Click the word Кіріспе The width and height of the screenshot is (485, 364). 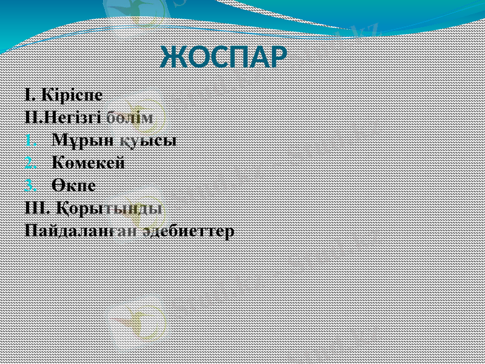pos(73,95)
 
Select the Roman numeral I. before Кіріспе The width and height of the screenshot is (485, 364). pos(31,95)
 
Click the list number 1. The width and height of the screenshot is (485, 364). pos(32,141)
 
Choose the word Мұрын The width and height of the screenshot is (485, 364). pos(74,140)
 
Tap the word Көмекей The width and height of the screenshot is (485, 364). pos(89,163)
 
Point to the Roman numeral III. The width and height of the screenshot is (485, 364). pos(37,207)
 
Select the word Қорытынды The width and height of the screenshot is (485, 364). pos(109,208)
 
